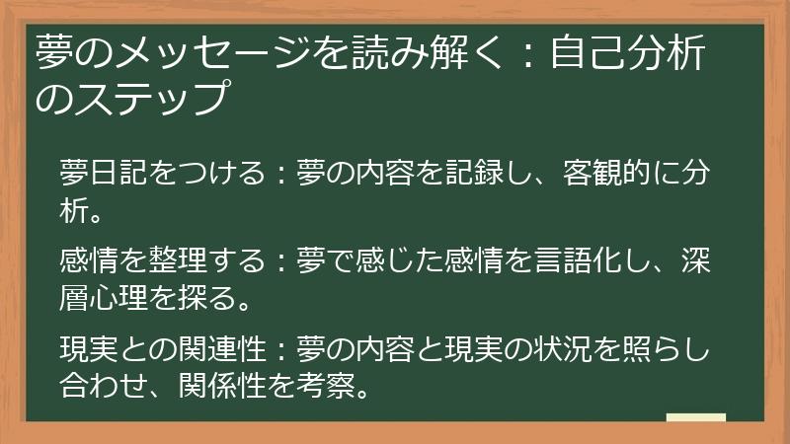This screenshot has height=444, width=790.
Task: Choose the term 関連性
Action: coord(226,350)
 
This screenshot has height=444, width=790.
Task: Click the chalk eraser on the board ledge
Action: coord(696,418)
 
